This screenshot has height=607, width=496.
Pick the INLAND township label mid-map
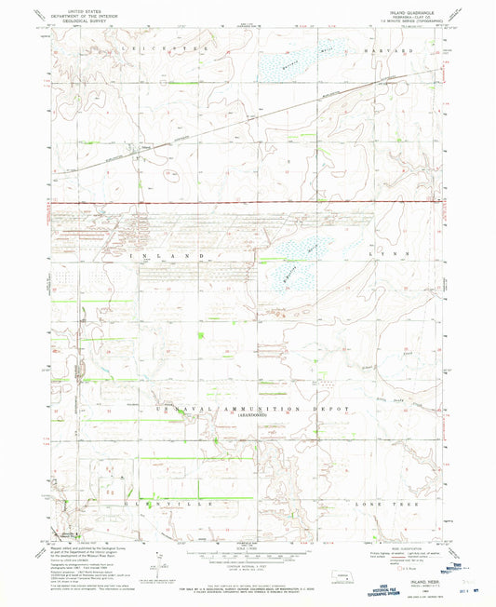coord(171,254)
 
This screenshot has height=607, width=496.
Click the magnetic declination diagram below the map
coord(154,558)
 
